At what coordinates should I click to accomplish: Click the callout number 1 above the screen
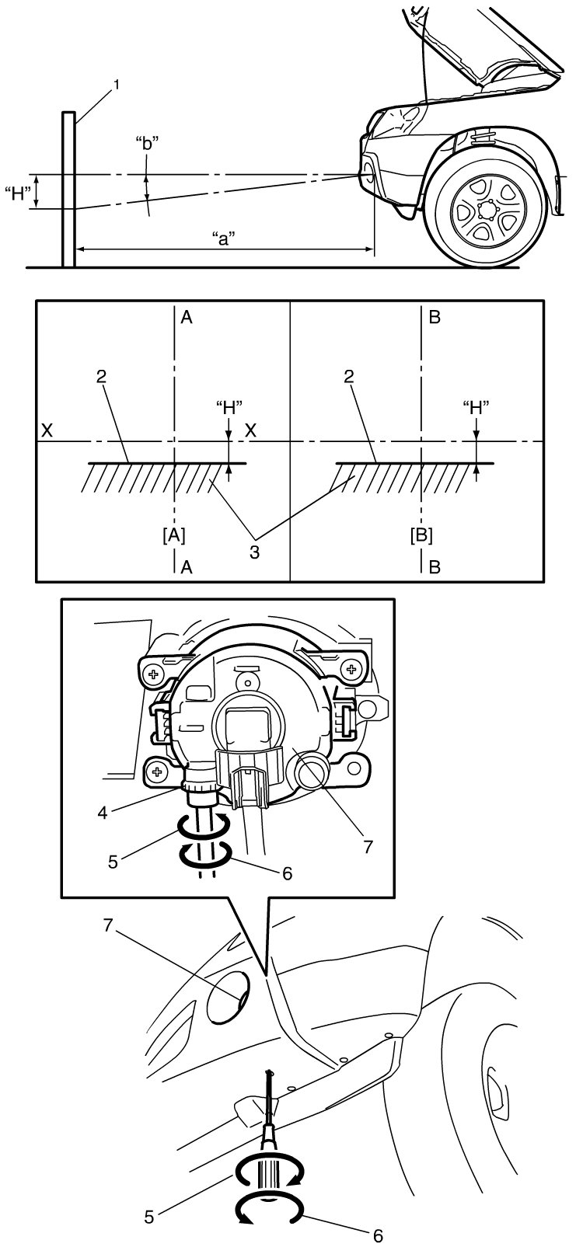point(117,85)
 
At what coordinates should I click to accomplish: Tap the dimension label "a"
point(224,239)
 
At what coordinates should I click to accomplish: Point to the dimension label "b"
point(148,143)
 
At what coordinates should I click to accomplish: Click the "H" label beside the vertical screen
point(17,194)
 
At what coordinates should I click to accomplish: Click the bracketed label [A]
point(174,536)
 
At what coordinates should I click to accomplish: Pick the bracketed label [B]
point(421,536)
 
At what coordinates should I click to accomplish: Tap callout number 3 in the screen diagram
point(254,552)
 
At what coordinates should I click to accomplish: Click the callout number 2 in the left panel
point(101,376)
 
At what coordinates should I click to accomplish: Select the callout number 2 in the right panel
point(348,376)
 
